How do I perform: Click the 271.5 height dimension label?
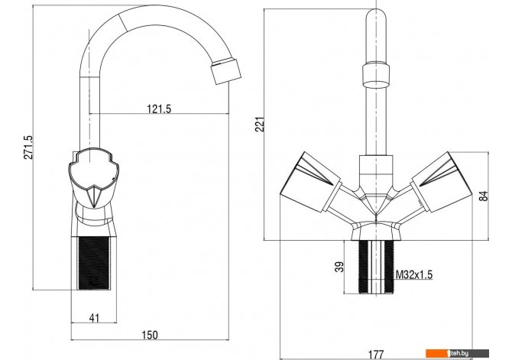click(x=29, y=147)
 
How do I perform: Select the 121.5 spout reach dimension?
click(x=159, y=109)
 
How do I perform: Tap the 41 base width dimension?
click(x=94, y=318)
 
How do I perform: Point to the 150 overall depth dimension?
click(x=150, y=336)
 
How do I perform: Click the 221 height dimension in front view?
click(x=260, y=124)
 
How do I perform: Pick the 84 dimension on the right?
click(x=484, y=196)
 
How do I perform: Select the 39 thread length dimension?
click(x=340, y=267)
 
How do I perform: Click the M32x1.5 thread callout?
click(x=414, y=274)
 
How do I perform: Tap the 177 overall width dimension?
click(x=376, y=354)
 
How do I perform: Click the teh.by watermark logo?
click(x=457, y=353)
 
